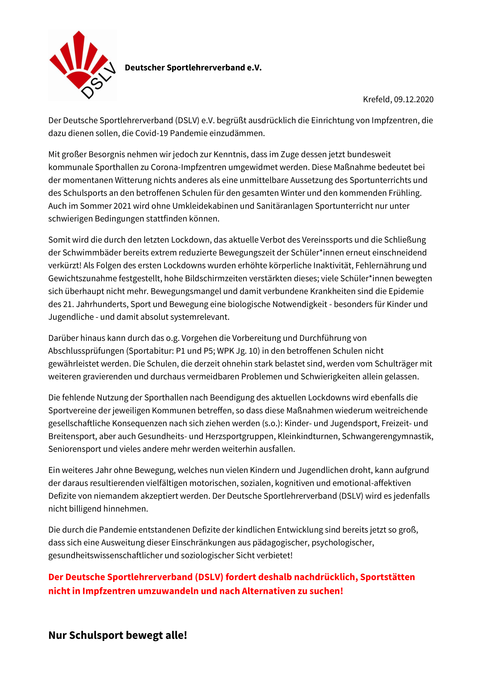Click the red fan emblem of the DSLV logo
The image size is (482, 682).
(x=78, y=59)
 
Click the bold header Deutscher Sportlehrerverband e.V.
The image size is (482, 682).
(x=193, y=68)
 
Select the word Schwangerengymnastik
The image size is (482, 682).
(x=387, y=436)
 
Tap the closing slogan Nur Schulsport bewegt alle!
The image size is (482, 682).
(x=117, y=635)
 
